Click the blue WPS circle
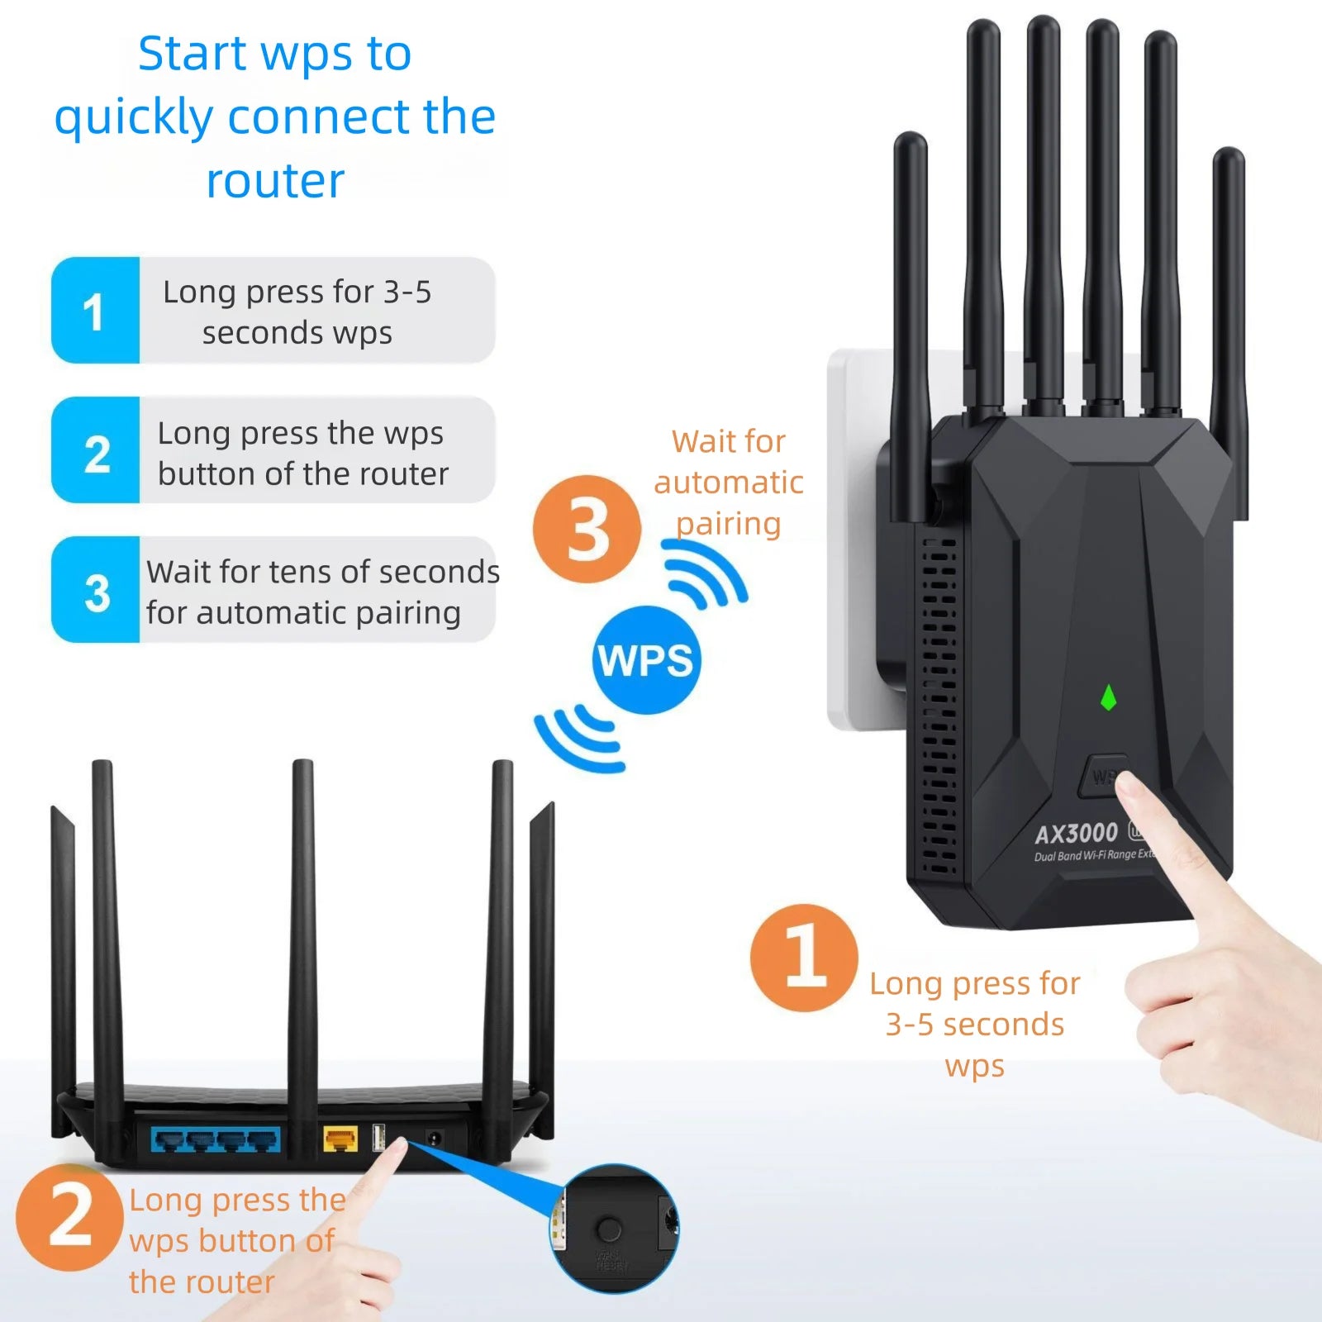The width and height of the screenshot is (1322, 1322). pyautogui.click(x=646, y=659)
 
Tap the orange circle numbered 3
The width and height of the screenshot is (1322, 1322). pyautogui.click(x=587, y=529)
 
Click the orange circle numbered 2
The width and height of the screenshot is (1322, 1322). pyautogui.click(x=69, y=1216)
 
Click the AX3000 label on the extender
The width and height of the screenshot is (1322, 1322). pyautogui.click(x=1076, y=833)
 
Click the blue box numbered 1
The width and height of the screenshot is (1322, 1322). pyautogui.click(x=95, y=311)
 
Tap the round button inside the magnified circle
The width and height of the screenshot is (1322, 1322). pyautogui.click(x=609, y=1229)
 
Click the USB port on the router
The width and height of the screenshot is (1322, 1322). pyautogui.click(x=379, y=1138)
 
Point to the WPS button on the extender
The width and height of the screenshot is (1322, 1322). pyautogui.click(x=1103, y=775)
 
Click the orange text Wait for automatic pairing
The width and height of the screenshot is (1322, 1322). pyautogui.click(x=728, y=482)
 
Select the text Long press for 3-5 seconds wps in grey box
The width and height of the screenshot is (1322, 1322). pyautogui.click(x=297, y=311)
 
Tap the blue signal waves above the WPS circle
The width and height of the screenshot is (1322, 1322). pyautogui.click(x=704, y=572)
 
